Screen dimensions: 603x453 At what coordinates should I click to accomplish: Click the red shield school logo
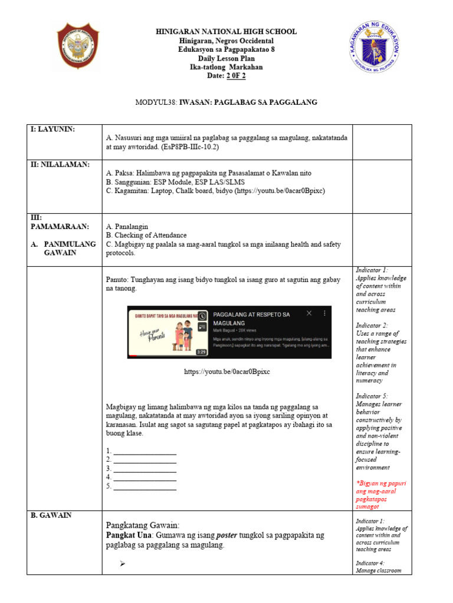pyautogui.click(x=78, y=45)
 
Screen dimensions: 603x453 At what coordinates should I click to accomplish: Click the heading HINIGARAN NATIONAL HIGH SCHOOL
pyautogui.click(x=226, y=32)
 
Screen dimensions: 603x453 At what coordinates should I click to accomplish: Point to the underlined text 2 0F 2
pyautogui.click(x=236, y=76)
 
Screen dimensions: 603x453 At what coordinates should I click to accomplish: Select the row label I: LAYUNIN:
pyautogui.click(x=54, y=129)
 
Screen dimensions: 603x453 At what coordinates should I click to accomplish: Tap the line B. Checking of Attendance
pyautogui.click(x=146, y=235)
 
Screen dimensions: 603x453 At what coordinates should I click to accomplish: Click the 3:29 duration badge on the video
pyautogui.click(x=202, y=352)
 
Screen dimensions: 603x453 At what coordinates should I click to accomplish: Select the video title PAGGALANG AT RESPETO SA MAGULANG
pyautogui.click(x=253, y=319)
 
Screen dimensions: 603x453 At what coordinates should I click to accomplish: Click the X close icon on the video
pyautogui.click(x=308, y=314)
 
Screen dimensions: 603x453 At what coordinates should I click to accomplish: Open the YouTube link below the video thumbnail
pyautogui.click(x=227, y=372)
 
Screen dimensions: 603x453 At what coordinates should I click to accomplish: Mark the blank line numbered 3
pyautogui.click(x=144, y=469)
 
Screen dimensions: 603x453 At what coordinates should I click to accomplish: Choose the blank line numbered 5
pyautogui.click(x=144, y=487)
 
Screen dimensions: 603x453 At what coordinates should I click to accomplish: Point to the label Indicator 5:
pyautogui.click(x=372, y=396)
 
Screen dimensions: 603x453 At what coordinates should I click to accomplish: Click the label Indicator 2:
pyautogui.click(x=372, y=325)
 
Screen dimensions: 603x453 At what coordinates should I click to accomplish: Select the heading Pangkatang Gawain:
pyautogui.click(x=142, y=525)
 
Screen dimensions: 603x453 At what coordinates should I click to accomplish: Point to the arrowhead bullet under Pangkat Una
pyautogui.click(x=123, y=564)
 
